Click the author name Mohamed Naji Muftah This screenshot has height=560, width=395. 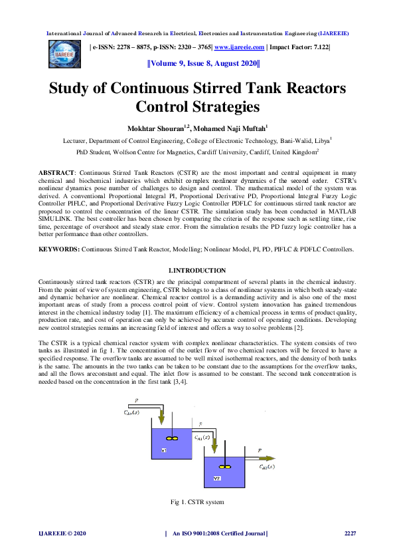[x=230, y=127]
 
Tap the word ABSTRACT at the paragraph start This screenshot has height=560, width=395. [x=58, y=172]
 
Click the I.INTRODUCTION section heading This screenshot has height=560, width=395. [x=197, y=271]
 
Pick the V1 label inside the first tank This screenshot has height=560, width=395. [x=163, y=450]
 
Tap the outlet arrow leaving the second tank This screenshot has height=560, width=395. [x=269, y=458]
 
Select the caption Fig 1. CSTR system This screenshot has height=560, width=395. [x=197, y=501]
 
